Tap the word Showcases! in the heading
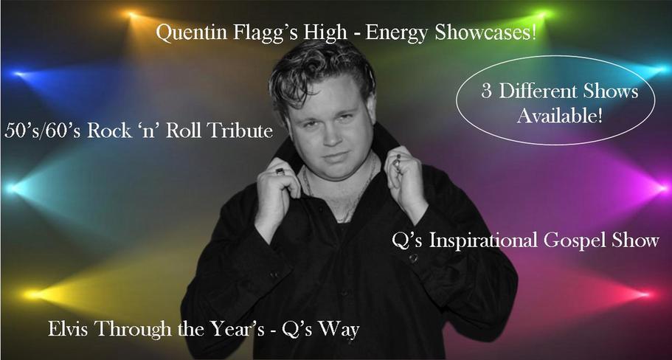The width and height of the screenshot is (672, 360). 485,33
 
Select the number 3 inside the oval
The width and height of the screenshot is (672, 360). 486,91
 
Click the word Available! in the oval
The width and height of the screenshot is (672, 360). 560,115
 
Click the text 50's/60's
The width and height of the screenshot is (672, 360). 42,131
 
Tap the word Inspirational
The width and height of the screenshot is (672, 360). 483,240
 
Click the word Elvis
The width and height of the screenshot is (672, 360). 69,330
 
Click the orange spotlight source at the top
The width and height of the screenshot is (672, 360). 130,15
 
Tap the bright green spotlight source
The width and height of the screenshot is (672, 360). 544,15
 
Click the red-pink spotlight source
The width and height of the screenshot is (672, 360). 647,294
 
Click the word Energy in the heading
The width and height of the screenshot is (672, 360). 398,34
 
